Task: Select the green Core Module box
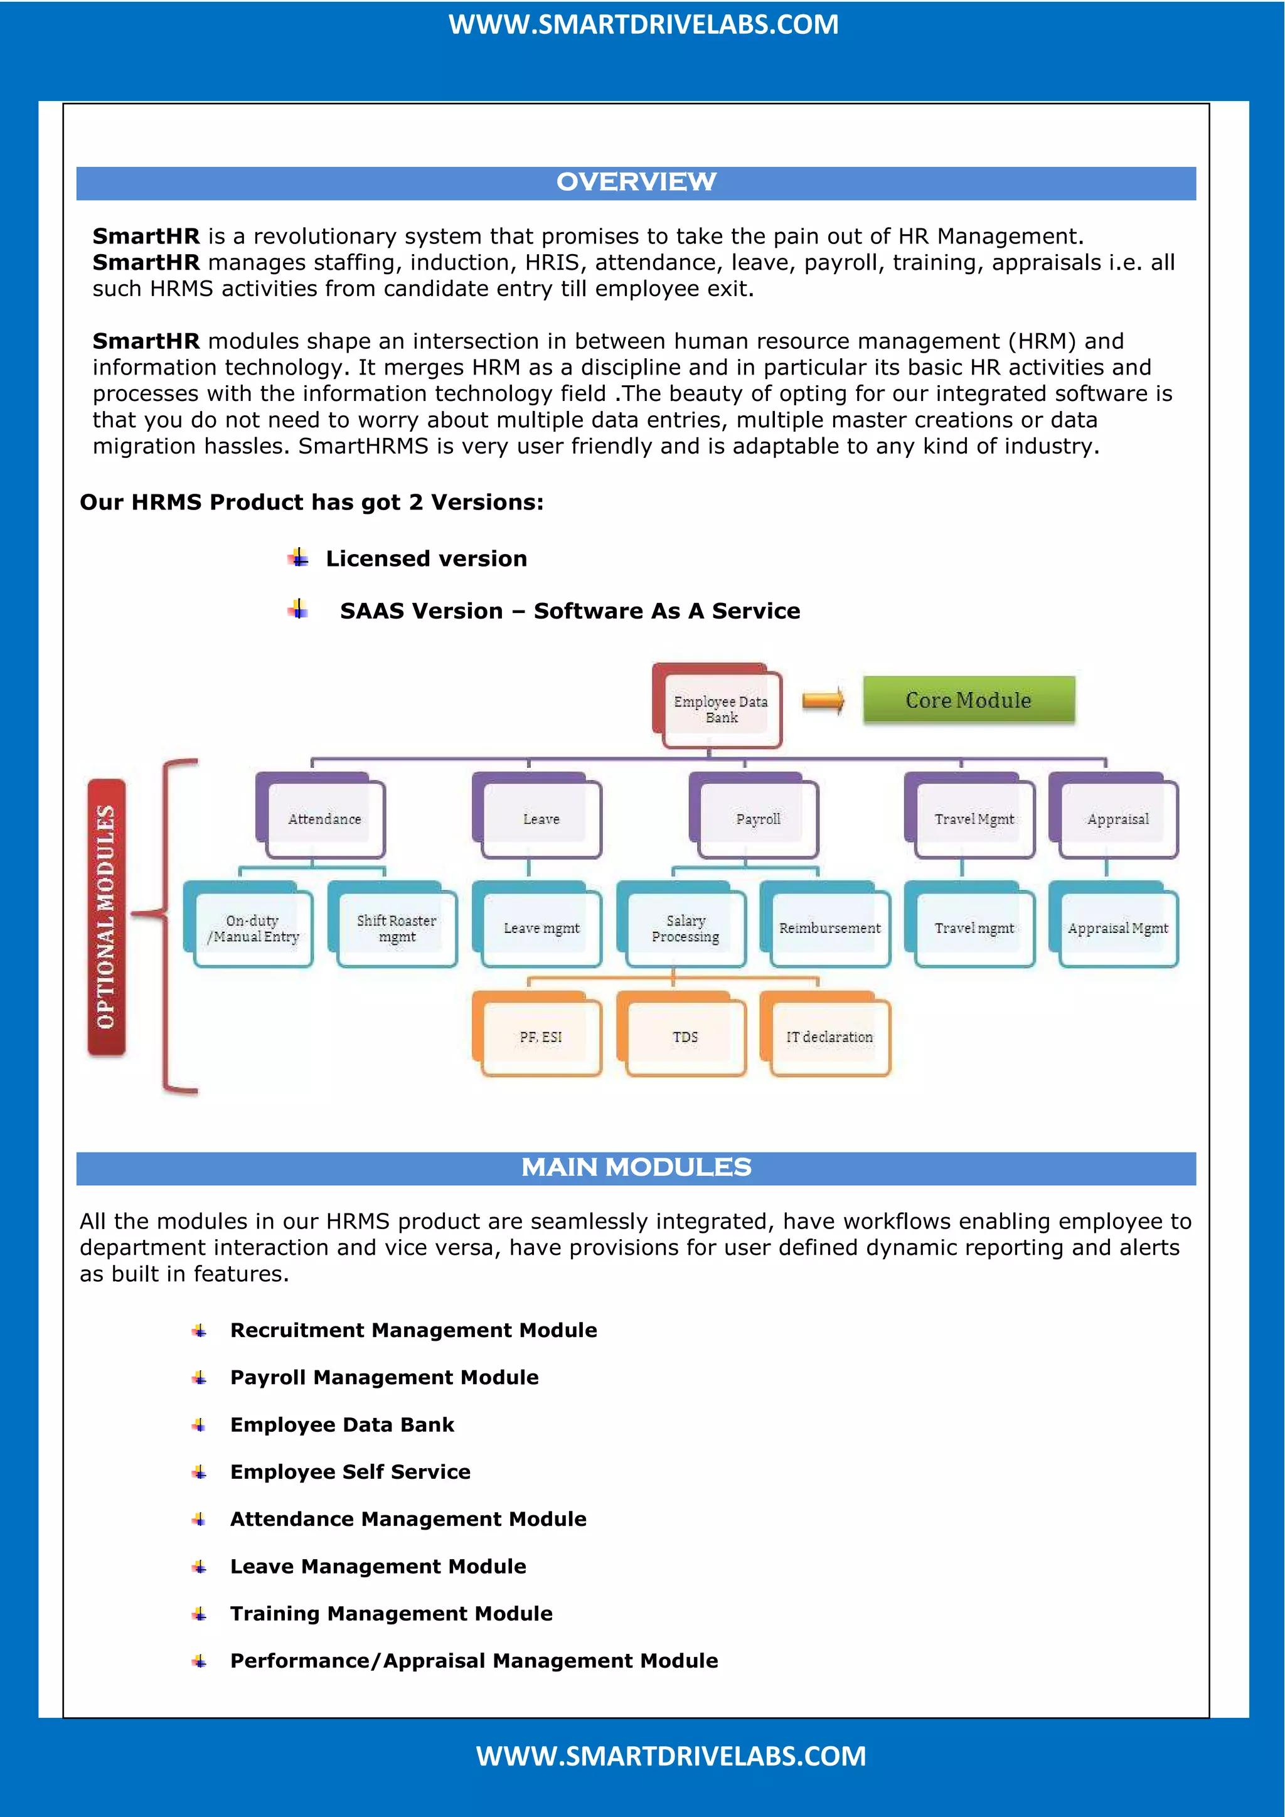click(x=969, y=700)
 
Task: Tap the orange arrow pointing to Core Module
click(x=823, y=700)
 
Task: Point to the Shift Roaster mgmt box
click(x=396, y=927)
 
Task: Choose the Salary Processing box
click(x=685, y=927)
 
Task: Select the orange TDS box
click(x=685, y=1036)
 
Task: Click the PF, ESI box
click(x=540, y=1036)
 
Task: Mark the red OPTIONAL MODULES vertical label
click(x=106, y=917)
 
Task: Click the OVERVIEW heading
click(x=636, y=182)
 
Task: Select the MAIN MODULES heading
click(x=636, y=1167)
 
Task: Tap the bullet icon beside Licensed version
click(x=298, y=558)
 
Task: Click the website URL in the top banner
click(x=643, y=24)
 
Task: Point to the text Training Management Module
click(x=391, y=1613)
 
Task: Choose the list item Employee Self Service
click(x=349, y=1471)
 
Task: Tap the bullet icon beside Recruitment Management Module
click(x=200, y=1330)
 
